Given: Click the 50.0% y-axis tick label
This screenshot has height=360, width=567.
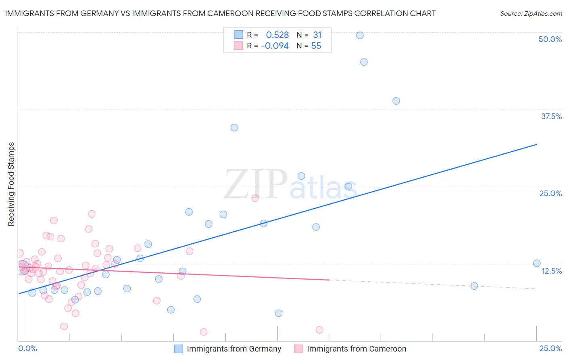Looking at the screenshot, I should tap(550, 39).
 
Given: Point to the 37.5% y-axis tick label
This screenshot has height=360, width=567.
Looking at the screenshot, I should tap(551, 116).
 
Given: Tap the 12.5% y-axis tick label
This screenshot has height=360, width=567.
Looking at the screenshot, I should tap(551, 271).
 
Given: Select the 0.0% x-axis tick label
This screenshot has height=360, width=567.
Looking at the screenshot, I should tap(27, 348).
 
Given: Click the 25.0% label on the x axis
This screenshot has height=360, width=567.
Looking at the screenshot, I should tap(550, 348).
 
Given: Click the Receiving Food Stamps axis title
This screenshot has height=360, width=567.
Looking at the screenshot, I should tap(11, 184).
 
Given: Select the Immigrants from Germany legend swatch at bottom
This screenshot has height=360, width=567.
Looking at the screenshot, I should tap(179, 349).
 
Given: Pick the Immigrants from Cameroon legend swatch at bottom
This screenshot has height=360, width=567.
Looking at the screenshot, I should tap(298, 349).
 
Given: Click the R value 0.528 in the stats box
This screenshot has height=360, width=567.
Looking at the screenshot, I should tap(277, 35).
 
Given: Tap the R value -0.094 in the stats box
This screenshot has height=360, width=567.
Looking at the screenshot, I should tap(275, 46).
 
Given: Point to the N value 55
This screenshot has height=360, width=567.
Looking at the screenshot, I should tap(316, 46).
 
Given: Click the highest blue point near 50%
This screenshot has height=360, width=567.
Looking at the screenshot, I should tap(360, 36).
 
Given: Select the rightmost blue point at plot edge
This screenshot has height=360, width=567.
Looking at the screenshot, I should tap(537, 264).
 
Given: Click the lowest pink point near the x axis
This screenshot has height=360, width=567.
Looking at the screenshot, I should tap(204, 332).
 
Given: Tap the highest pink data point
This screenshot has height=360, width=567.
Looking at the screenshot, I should tap(255, 198).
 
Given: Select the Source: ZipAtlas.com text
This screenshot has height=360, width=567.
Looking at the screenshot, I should tap(531, 14).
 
